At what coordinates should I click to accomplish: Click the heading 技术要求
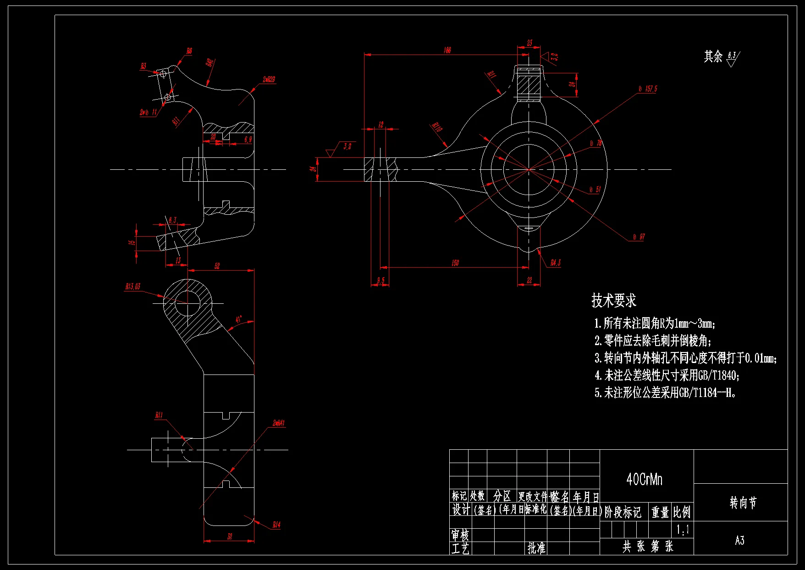[613, 301]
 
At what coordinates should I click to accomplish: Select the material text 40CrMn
[644, 480]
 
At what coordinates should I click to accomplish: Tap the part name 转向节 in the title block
[743, 503]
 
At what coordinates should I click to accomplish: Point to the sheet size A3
[739, 540]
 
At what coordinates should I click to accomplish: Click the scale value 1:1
[683, 530]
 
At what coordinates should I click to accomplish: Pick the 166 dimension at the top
[447, 50]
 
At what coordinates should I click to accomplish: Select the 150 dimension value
[455, 263]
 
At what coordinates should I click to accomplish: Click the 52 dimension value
[217, 266]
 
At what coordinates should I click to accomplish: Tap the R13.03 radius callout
[133, 287]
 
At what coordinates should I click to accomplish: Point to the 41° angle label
[238, 319]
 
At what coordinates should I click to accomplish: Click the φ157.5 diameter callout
[648, 89]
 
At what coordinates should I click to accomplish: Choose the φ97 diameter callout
[639, 237]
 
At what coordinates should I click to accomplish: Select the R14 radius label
[276, 525]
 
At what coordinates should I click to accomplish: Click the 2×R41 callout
[278, 423]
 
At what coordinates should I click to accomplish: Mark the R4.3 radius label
[555, 263]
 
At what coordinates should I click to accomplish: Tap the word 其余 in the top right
[713, 56]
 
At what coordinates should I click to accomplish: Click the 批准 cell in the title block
[536, 548]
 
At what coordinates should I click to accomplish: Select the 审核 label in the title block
[460, 535]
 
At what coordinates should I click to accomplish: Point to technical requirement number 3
[685, 358]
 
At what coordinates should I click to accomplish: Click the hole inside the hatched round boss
[187, 303]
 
